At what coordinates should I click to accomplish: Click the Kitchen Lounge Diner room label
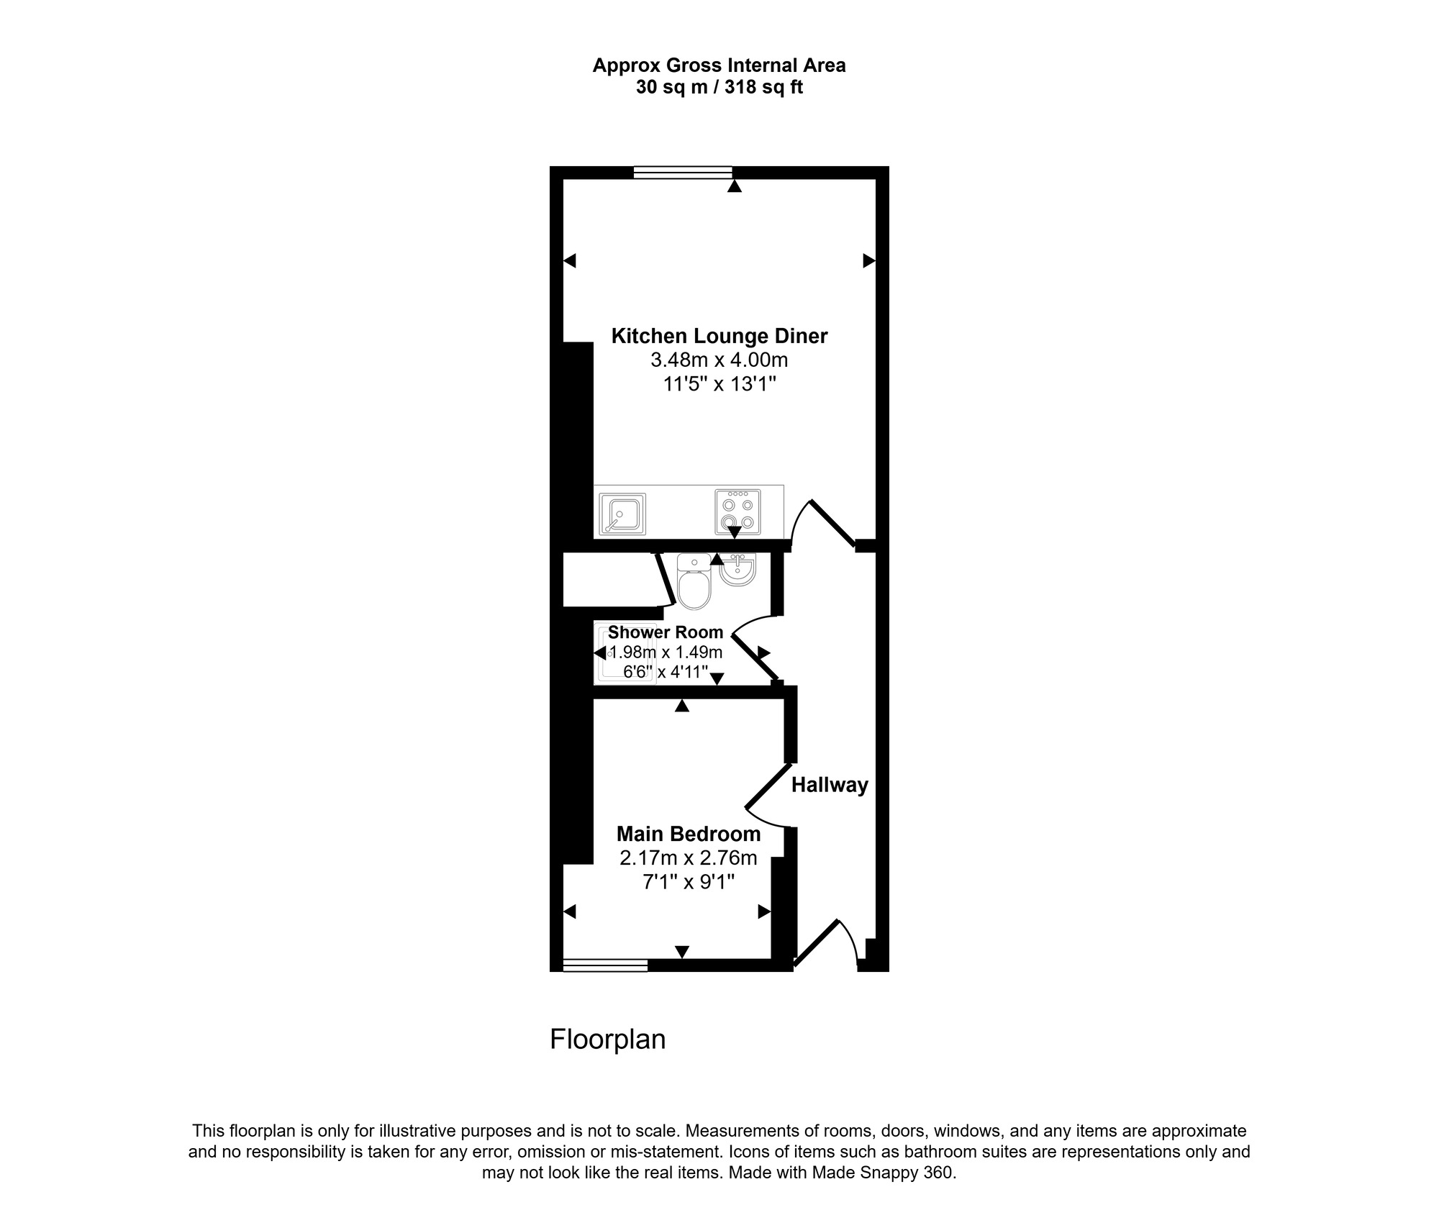click(719, 336)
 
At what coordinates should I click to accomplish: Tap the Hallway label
click(830, 785)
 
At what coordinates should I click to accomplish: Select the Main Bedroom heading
click(689, 834)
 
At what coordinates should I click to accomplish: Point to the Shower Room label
click(666, 632)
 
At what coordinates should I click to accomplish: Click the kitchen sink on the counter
click(622, 514)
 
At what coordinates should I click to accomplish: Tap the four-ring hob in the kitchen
click(737, 511)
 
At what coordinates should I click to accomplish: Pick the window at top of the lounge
click(683, 172)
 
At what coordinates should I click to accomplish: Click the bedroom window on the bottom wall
click(605, 965)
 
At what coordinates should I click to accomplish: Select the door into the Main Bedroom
click(767, 796)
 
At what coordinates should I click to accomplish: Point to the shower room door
click(755, 656)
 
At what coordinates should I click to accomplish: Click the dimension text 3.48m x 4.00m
click(719, 360)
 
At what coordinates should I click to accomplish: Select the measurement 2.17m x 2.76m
click(689, 858)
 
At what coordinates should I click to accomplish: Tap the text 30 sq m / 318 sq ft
click(719, 88)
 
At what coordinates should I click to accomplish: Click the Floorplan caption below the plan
click(607, 1040)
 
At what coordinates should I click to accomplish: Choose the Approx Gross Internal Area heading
click(719, 65)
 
